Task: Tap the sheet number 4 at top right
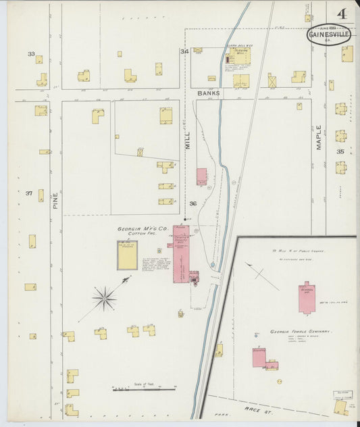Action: [344, 13]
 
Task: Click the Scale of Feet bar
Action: [143, 389]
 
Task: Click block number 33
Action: [31, 53]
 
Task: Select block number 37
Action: [29, 193]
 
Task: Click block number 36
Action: [192, 203]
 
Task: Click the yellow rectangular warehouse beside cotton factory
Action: [126, 255]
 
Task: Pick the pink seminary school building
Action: [307, 297]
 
